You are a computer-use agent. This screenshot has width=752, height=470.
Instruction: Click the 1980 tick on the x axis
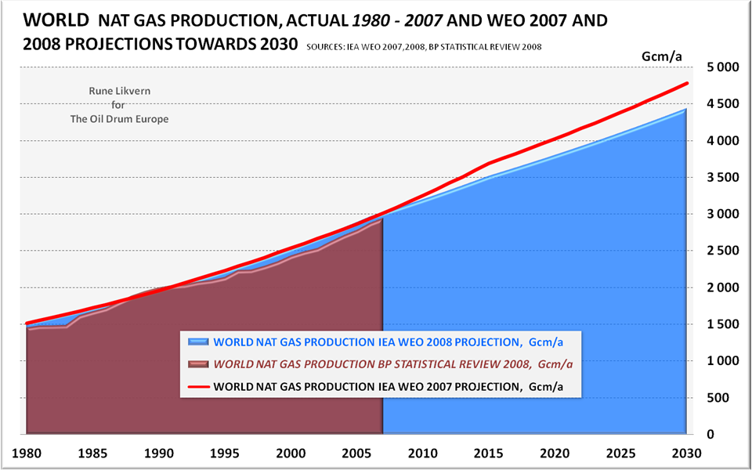coord(27,452)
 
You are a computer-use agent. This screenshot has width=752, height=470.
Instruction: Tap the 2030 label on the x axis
coord(687,452)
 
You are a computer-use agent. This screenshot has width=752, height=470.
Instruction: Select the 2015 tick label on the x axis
coord(490,452)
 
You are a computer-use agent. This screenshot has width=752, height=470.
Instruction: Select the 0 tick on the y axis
coord(733,434)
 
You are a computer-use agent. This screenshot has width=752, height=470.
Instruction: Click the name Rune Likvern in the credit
coord(119,91)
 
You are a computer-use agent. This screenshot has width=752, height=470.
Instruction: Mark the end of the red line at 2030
coord(688,83)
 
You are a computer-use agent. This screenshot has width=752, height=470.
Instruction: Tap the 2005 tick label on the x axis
coord(357,452)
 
